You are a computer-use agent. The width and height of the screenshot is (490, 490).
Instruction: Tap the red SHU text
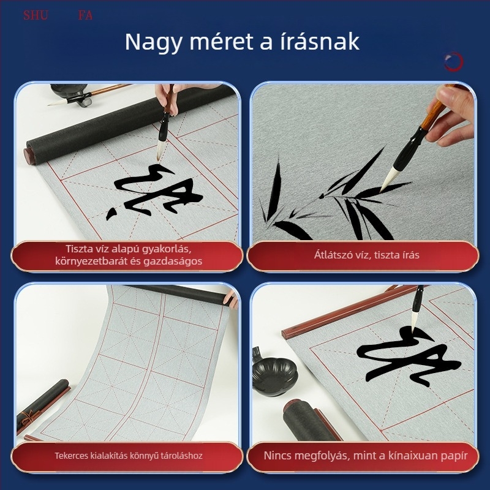tap(36, 15)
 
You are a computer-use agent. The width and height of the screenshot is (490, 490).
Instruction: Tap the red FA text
tap(85, 15)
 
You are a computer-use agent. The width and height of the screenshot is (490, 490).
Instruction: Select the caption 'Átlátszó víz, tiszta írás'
tap(363, 255)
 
